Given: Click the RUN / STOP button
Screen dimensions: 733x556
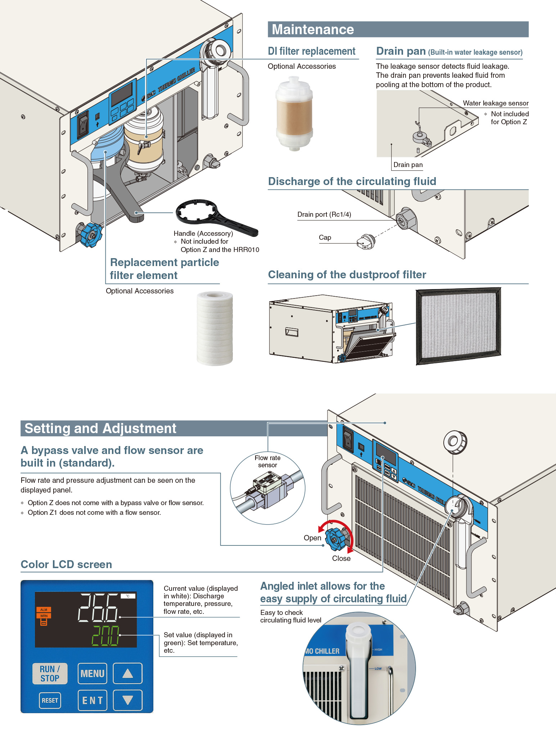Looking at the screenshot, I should [x=50, y=674].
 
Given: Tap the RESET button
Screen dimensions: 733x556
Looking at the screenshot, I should [x=50, y=701].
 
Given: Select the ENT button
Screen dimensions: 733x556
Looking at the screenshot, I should [x=92, y=701].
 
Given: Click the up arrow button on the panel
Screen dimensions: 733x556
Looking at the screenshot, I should [x=128, y=674].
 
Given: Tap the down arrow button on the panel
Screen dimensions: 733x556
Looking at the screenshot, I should [x=128, y=701].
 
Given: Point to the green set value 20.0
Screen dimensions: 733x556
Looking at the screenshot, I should [x=105, y=635].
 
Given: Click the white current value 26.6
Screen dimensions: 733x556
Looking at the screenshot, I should [x=98, y=608].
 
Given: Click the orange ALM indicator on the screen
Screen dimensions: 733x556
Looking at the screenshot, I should [x=44, y=610].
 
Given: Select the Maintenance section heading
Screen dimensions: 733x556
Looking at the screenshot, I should [x=313, y=30].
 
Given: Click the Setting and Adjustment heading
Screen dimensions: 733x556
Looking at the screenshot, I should [x=100, y=428].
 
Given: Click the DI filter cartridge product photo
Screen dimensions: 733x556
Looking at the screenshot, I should [x=294, y=113].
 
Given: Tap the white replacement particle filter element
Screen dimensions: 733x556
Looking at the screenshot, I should [x=214, y=328].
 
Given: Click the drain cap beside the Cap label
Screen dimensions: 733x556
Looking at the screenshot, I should [x=366, y=242].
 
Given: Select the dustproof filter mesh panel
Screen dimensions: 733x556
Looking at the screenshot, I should [x=458, y=326].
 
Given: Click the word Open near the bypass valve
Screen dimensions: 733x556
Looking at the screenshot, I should [x=312, y=538].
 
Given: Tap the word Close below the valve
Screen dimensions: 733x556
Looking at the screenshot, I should [x=341, y=558].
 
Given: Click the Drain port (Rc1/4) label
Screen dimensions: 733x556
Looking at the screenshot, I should [x=324, y=215].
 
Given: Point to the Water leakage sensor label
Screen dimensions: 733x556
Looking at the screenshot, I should [x=496, y=103].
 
